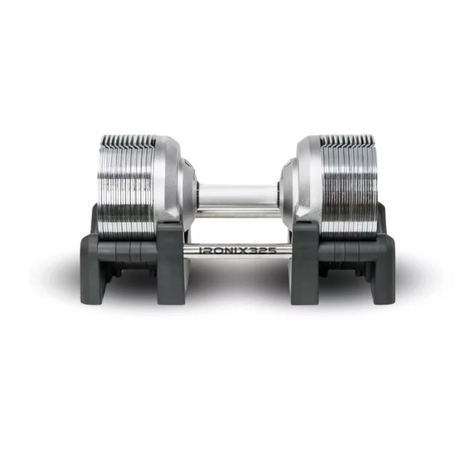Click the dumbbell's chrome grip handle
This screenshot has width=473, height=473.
pos(237,195)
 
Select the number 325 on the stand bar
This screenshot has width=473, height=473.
pos(266,250)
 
